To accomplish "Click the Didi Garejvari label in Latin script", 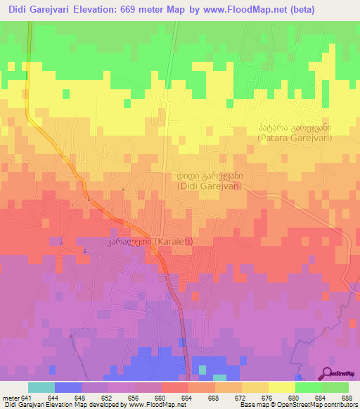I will (x=209, y=186).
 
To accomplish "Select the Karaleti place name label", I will (x=169, y=242).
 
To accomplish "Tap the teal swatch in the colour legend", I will (x=41, y=387).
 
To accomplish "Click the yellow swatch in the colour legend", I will (x=281, y=387).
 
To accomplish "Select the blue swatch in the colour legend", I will (x=68, y=387).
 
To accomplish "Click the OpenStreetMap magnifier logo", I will (x=328, y=372).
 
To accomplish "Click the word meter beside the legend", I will (x=11, y=397).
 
